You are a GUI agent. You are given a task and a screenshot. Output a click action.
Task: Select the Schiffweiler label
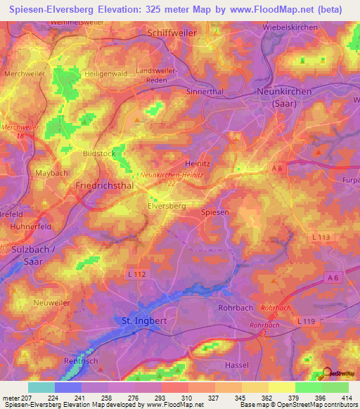pos(172,33)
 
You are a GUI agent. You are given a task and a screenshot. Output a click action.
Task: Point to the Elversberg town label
pos(167,206)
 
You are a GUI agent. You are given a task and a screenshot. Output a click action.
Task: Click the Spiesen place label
pos(214,212)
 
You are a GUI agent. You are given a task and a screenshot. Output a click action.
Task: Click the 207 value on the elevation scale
pos(27,398)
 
